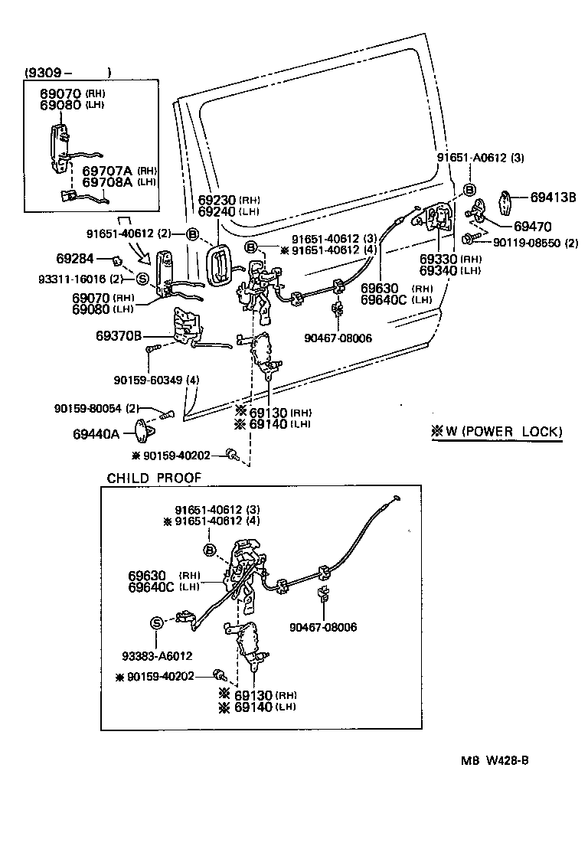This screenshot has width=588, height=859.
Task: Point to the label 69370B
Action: point(119,335)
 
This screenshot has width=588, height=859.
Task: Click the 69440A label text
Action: point(96,434)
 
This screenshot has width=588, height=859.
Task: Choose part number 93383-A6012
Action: point(157,655)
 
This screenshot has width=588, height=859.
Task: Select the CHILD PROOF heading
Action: point(154,478)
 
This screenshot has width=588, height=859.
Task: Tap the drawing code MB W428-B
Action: point(495,760)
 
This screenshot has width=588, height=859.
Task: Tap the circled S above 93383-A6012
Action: point(156,622)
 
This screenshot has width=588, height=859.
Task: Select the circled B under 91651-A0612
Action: point(469,189)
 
